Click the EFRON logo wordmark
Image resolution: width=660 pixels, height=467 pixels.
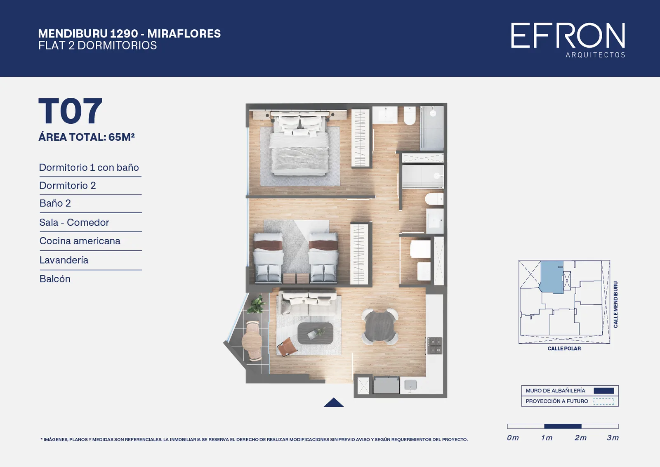coord(568,35)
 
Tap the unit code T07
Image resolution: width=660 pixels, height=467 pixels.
coord(70,111)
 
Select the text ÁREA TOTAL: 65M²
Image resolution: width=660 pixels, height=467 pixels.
coord(87,137)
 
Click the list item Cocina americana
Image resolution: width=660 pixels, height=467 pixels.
coord(80,241)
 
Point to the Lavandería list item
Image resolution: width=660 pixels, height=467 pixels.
coord(64,260)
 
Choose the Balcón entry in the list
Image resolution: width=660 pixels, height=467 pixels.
coord(55,279)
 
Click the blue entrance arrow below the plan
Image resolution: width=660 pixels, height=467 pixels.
coord(334,403)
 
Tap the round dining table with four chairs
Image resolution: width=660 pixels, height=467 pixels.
coord(380,326)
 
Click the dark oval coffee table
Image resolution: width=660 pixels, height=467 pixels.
coord(316,333)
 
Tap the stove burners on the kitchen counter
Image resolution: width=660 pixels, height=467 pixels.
coord(434,346)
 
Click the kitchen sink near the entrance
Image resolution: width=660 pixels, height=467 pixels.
coord(410,385)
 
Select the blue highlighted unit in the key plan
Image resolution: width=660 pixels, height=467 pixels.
coord(551,277)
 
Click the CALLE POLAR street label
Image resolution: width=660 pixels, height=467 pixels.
coord(564,349)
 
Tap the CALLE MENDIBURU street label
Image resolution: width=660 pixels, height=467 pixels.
coord(615,304)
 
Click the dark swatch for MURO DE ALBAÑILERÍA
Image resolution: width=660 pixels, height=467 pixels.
coord(604,391)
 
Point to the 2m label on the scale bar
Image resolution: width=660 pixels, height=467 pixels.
coord(580,438)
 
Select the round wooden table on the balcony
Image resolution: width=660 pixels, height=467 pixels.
coord(252,341)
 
